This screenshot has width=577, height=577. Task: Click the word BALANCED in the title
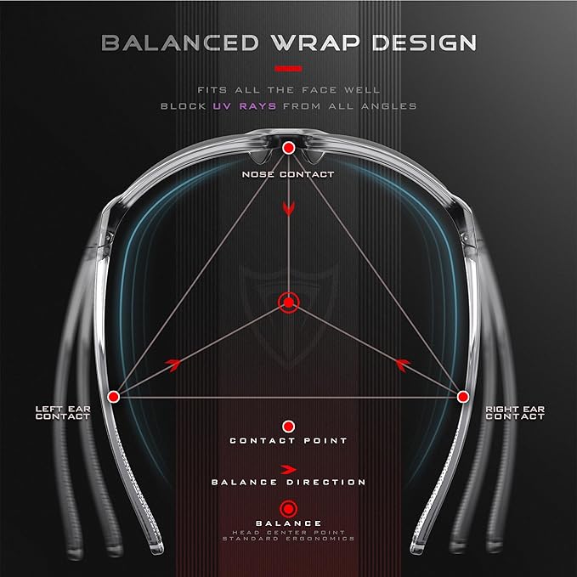(x=180, y=42)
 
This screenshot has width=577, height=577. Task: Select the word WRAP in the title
(x=315, y=42)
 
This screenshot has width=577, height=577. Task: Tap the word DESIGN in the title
(x=424, y=42)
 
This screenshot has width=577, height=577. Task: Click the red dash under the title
(x=289, y=69)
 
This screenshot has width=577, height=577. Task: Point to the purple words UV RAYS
(x=245, y=106)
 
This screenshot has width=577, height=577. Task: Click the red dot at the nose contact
(x=289, y=149)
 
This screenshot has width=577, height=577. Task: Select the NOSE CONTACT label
(x=288, y=174)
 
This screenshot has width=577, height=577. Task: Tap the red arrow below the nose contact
(x=289, y=209)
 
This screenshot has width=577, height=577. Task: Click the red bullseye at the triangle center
(x=289, y=303)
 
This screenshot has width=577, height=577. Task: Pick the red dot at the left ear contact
(x=114, y=397)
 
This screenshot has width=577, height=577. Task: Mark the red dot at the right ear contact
(x=463, y=397)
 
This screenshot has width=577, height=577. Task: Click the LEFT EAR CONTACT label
(x=63, y=413)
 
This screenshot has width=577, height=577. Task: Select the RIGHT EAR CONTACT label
(x=515, y=413)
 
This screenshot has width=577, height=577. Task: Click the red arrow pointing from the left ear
(x=173, y=365)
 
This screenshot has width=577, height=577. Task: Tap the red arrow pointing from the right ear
(x=404, y=365)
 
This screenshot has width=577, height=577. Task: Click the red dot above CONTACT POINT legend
(x=289, y=427)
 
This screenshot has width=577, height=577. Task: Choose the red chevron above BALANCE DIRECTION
(x=289, y=470)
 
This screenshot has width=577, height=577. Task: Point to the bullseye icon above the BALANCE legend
(x=289, y=509)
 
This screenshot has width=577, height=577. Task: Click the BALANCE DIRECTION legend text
(x=289, y=483)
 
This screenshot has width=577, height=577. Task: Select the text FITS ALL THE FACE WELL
(x=289, y=90)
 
